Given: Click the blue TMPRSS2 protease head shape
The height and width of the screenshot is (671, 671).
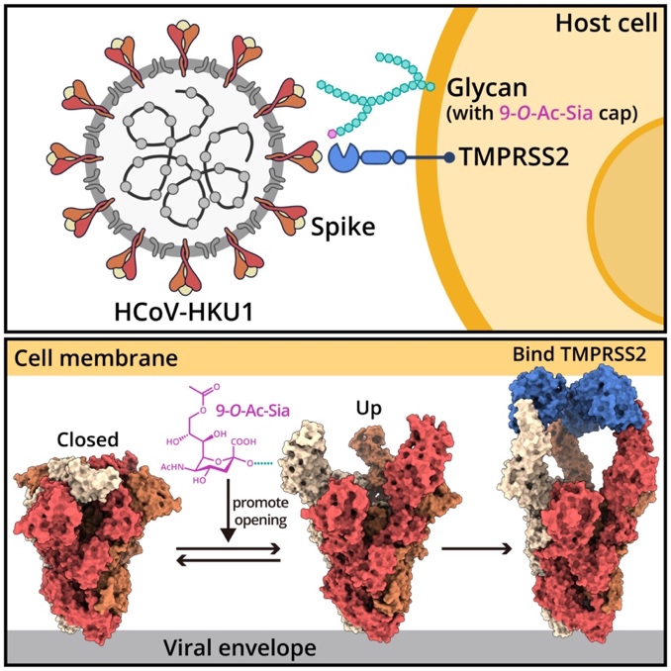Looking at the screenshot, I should click(x=342, y=157).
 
